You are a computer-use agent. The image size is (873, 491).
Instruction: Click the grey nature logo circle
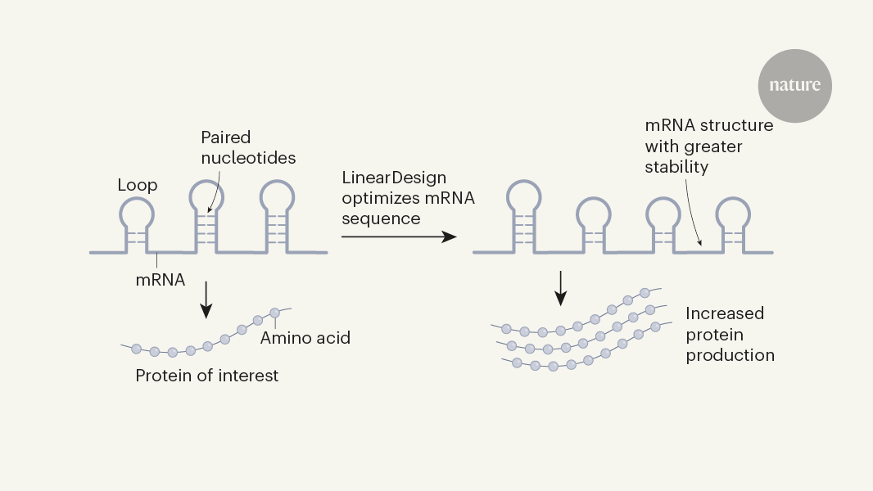(794, 86)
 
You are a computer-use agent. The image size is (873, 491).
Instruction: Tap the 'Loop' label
(138, 186)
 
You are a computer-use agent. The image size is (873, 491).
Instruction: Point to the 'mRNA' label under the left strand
(161, 280)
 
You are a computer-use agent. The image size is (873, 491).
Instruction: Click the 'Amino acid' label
(305, 337)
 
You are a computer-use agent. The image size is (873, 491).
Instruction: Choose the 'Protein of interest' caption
(206, 376)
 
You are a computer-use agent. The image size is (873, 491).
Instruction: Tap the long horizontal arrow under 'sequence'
(398, 236)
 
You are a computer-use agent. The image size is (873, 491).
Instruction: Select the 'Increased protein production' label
(730, 334)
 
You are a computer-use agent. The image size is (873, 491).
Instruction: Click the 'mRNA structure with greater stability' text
(708, 146)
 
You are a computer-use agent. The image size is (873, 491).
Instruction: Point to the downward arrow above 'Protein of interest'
(206, 300)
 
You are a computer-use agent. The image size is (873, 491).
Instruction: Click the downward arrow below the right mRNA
(561, 288)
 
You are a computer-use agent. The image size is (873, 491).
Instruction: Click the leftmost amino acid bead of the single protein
(136, 349)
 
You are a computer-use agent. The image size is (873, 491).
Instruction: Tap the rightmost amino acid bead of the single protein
(275, 313)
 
